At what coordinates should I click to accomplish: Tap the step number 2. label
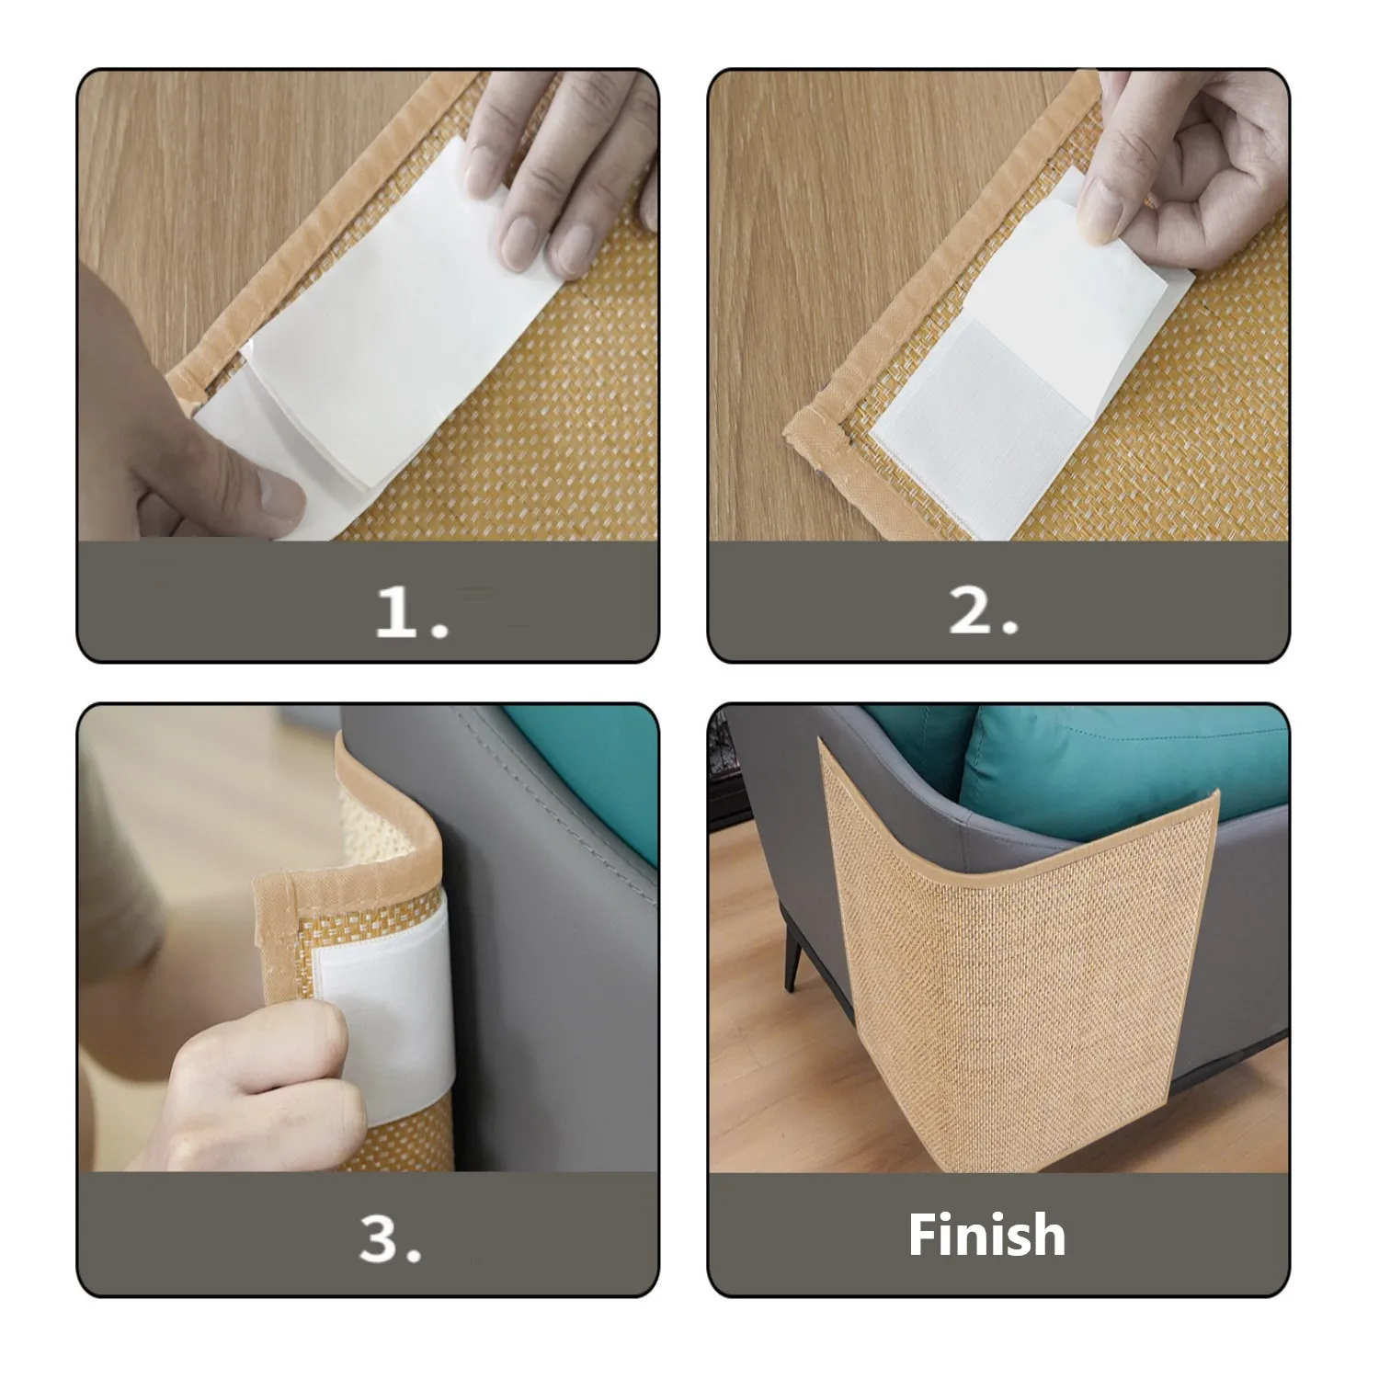[x=983, y=610]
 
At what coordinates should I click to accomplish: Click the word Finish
[x=986, y=1234]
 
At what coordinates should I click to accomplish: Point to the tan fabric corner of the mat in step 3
[x=276, y=892]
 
